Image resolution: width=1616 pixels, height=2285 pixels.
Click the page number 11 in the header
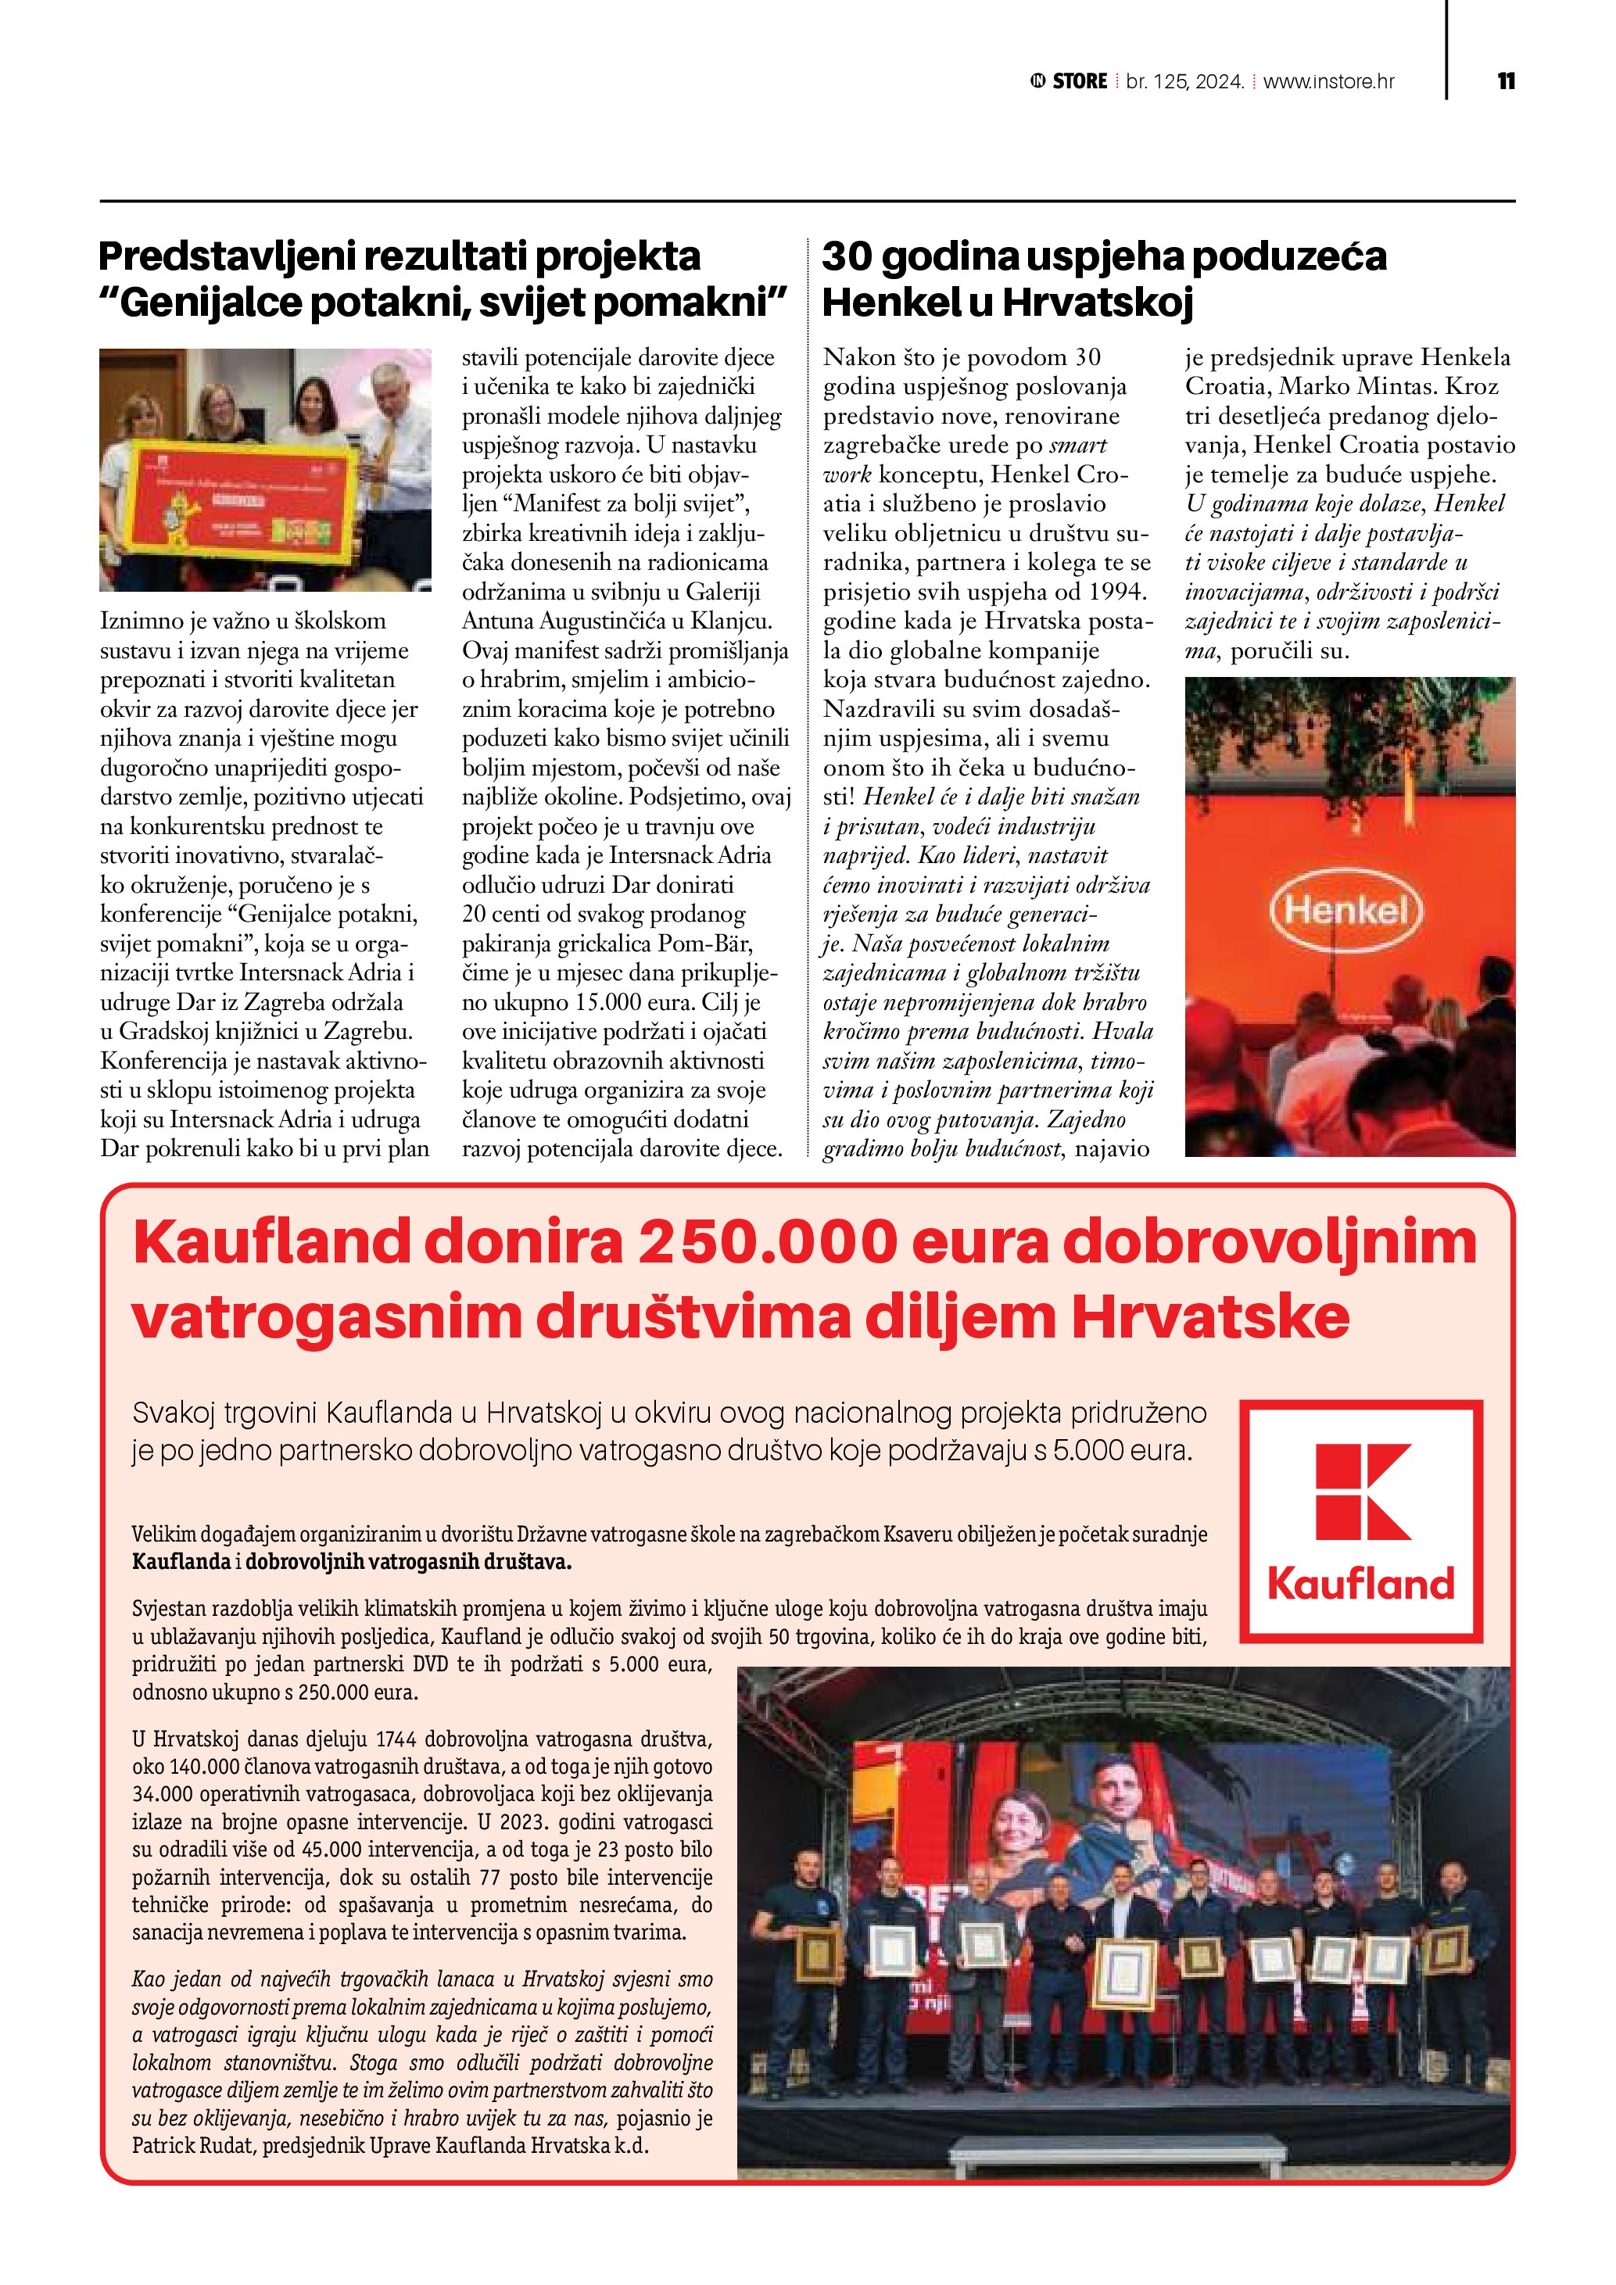pyautogui.click(x=1506, y=81)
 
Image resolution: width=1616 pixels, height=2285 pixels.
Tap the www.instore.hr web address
pyautogui.click(x=1328, y=81)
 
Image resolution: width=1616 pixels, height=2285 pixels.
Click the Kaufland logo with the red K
pyautogui.click(x=1360, y=1520)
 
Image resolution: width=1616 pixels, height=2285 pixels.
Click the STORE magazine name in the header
pyautogui.click(x=1079, y=81)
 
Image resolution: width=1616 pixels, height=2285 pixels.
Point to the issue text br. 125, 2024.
pyautogui.click(x=1185, y=81)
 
